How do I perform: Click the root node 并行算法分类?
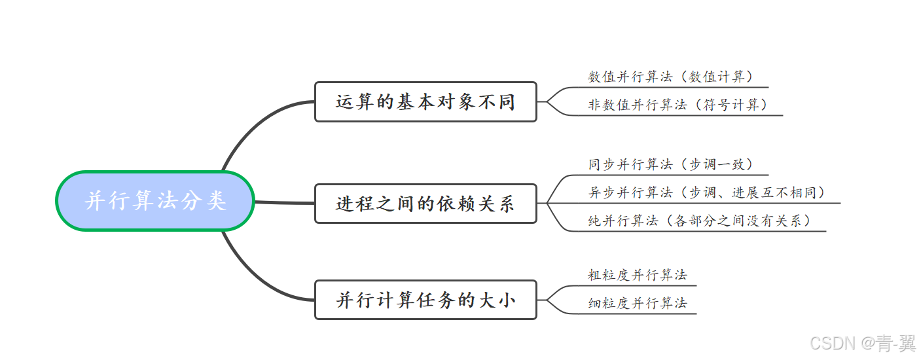(155, 201)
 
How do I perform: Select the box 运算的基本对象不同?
(425, 102)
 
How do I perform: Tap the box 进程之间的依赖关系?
(425, 204)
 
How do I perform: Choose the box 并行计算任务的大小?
(425, 300)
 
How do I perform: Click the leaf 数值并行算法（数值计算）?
(671, 77)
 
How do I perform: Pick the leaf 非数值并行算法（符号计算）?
(677, 105)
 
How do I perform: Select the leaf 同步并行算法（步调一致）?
(671, 164)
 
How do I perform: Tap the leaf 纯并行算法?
(622, 221)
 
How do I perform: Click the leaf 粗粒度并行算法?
(638, 276)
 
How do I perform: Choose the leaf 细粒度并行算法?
(638, 304)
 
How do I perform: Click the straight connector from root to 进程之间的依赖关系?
(284, 203)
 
